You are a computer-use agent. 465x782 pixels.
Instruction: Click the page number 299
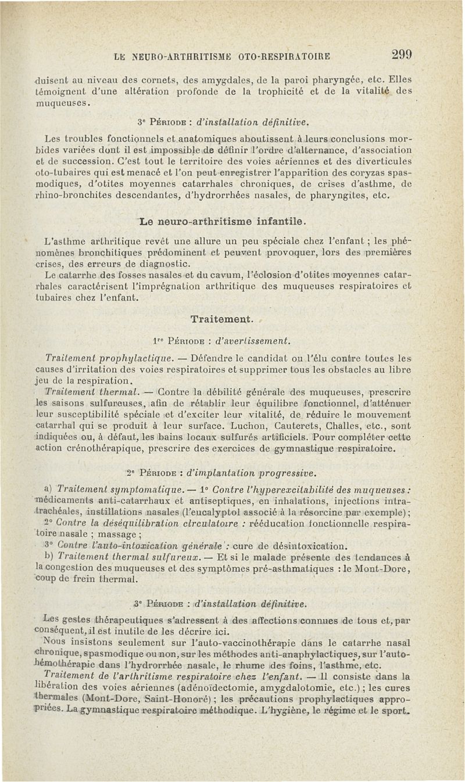click(402, 55)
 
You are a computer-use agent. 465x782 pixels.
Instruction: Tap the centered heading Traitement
click(221, 319)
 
